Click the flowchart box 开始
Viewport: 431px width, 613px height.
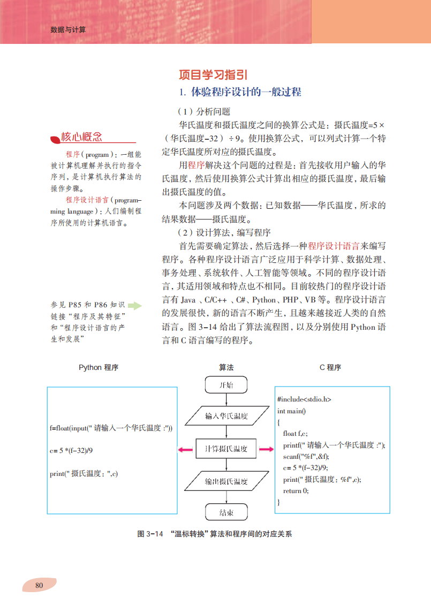[226, 385]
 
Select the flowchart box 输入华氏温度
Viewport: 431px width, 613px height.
[226, 415]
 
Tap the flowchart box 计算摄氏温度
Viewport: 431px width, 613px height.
[226, 449]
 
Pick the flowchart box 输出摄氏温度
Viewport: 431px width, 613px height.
[226, 481]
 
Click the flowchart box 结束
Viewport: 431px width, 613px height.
[226, 512]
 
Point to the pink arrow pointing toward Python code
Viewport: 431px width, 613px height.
[185, 449]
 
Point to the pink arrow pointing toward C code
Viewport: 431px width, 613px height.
[266, 449]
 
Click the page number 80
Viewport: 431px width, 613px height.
[39, 585]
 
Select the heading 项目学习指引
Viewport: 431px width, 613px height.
[213, 75]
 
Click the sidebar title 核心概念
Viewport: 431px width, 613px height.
[81, 137]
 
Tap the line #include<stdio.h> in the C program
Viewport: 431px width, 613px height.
[304, 399]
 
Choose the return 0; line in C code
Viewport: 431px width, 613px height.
[296, 490]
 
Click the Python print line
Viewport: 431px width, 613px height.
[84, 473]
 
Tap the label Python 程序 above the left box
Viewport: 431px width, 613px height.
[99, 367]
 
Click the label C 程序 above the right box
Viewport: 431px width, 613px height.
[330, 367]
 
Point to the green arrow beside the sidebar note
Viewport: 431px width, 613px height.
[135, 306]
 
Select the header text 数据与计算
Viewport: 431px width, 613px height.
[68, 29]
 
